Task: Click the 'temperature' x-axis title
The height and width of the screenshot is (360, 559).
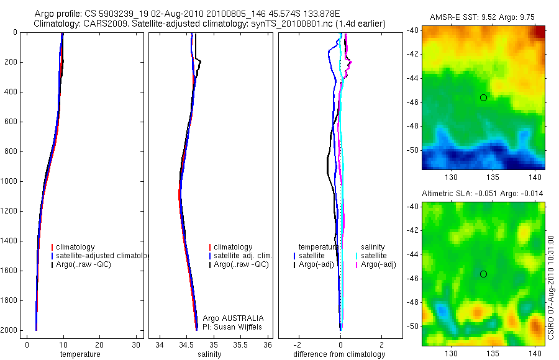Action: (x=80, y=354)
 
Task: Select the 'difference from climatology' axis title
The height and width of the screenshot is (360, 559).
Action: (x=339, y=354)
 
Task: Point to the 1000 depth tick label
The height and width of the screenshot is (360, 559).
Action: (x=9, y=181)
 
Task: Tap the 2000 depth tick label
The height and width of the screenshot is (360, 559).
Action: (x=9, y=330)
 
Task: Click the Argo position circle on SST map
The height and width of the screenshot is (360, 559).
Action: (x=483, y=97)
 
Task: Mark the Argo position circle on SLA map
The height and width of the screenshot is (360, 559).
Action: (x=483, y=274)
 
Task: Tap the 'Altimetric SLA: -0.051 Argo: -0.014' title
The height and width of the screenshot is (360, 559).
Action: (x=483, y=194)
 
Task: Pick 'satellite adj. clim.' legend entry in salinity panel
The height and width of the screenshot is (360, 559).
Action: (x=243, y=256)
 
